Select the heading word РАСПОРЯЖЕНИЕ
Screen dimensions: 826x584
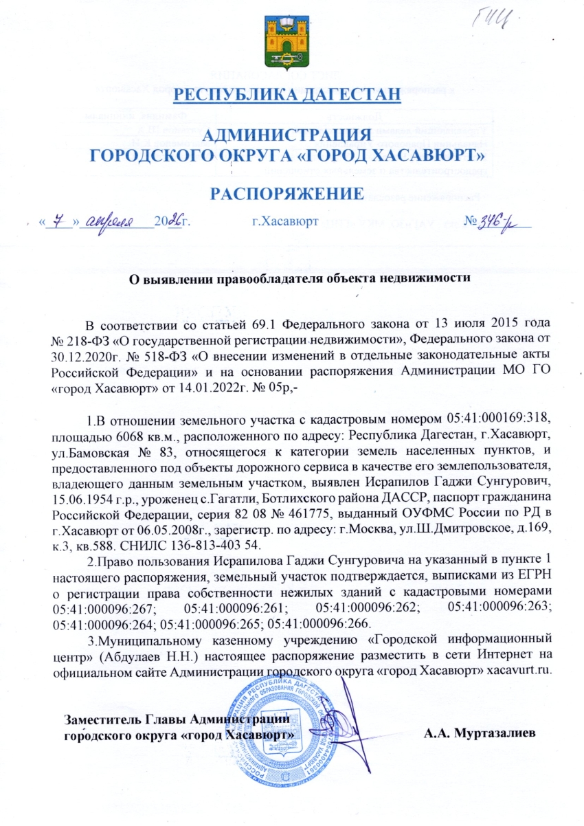pyautogui.click(x=287, y=194)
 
